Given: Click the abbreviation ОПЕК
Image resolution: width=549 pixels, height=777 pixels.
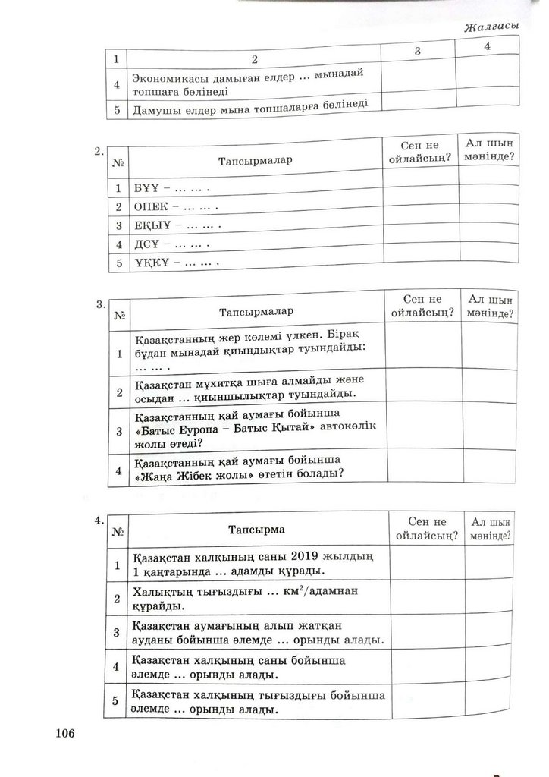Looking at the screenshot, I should click(x=149, y=206).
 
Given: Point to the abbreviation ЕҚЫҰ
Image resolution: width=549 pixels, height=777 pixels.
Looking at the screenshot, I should click(x=149, y=226).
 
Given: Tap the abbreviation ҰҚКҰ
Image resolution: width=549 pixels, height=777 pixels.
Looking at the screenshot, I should click(x=149, y=263).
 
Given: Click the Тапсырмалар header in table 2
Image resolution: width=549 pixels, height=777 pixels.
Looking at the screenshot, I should click(x=256, y=161).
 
